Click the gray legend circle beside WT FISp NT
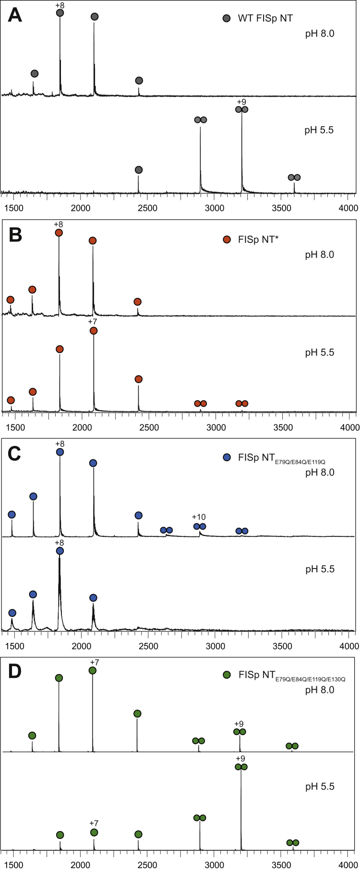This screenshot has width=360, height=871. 227,18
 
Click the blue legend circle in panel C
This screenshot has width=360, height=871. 227,457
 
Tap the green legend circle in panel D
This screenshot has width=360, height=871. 227,675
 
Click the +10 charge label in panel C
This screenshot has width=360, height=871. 199,517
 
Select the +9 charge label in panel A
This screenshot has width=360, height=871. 241,101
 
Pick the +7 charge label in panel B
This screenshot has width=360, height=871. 93,322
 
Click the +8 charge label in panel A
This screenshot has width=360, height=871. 60,5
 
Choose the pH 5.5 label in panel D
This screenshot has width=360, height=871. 320,786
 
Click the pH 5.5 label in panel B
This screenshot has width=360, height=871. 320,352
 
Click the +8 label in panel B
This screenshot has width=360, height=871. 59,224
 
